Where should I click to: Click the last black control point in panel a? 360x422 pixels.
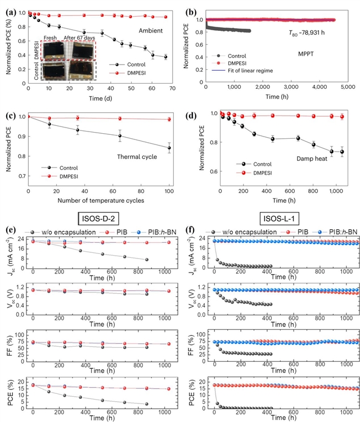click(165, 57)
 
